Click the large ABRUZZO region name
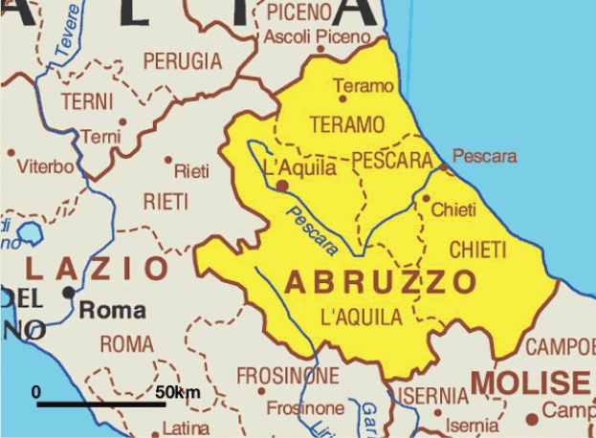coord(381,282)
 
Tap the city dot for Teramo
coord(341,97)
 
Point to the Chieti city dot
coord(427,199)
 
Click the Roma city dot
coord(68,292)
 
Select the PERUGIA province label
coord(182,61)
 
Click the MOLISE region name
coord(529,382)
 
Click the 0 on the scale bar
coord(36,392)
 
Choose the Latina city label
coord(186,427)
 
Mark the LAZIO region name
coord(99,268)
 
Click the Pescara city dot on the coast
coord(444,167)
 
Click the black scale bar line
coord(101,405)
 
